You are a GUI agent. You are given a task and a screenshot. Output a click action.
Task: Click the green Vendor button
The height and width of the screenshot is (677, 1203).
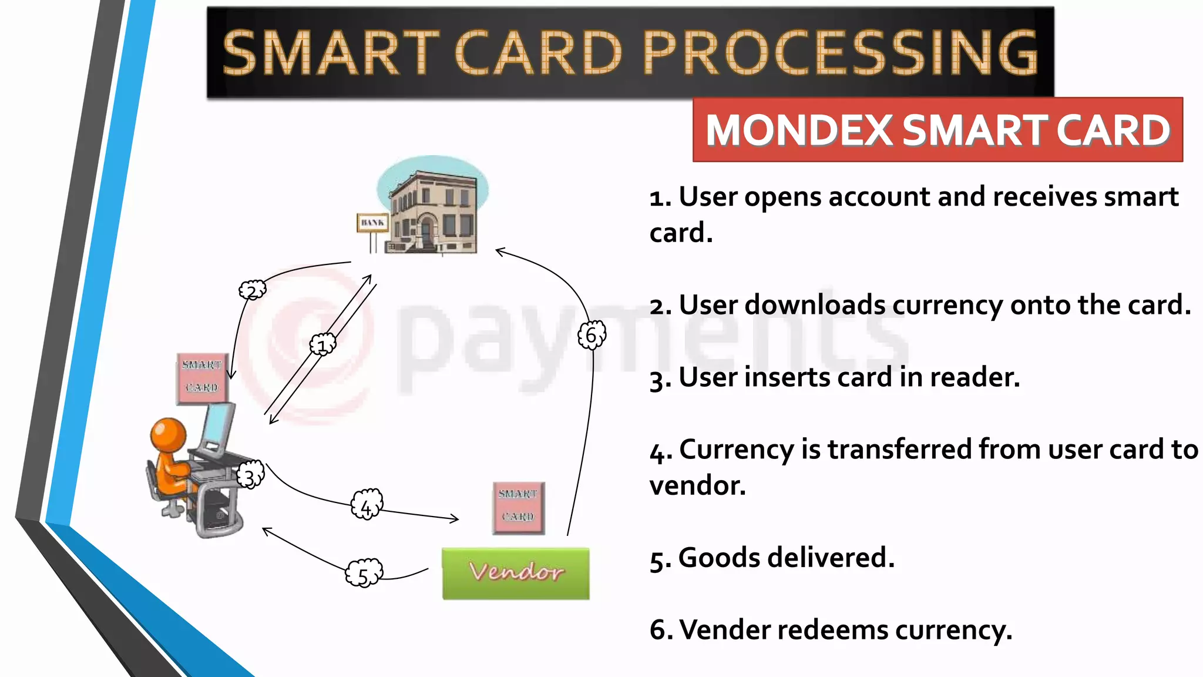(x=515, y=573)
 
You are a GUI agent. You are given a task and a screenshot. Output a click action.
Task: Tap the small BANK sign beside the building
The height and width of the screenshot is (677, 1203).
(x=372, y=223)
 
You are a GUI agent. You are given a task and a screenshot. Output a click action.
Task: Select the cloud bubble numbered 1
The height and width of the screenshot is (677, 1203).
(x=322, y=345)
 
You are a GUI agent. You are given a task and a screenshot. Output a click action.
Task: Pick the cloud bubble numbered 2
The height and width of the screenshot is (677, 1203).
(x=253, y=290)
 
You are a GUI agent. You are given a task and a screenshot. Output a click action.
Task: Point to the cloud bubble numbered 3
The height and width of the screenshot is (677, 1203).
(x=250, y=477)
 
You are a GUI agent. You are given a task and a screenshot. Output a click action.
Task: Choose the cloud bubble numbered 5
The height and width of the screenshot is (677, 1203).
(x=364, y=574)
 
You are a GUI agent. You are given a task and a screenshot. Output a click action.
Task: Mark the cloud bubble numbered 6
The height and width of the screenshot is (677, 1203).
(x=592, y=335)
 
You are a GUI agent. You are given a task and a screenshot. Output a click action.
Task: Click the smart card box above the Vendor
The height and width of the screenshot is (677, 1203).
(x=518, y=508)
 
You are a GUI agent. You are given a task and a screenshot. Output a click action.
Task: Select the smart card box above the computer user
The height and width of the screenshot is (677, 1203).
(x=202, y=378)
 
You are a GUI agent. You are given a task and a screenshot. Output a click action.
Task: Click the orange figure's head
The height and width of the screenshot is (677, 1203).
(x=169, y=434)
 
